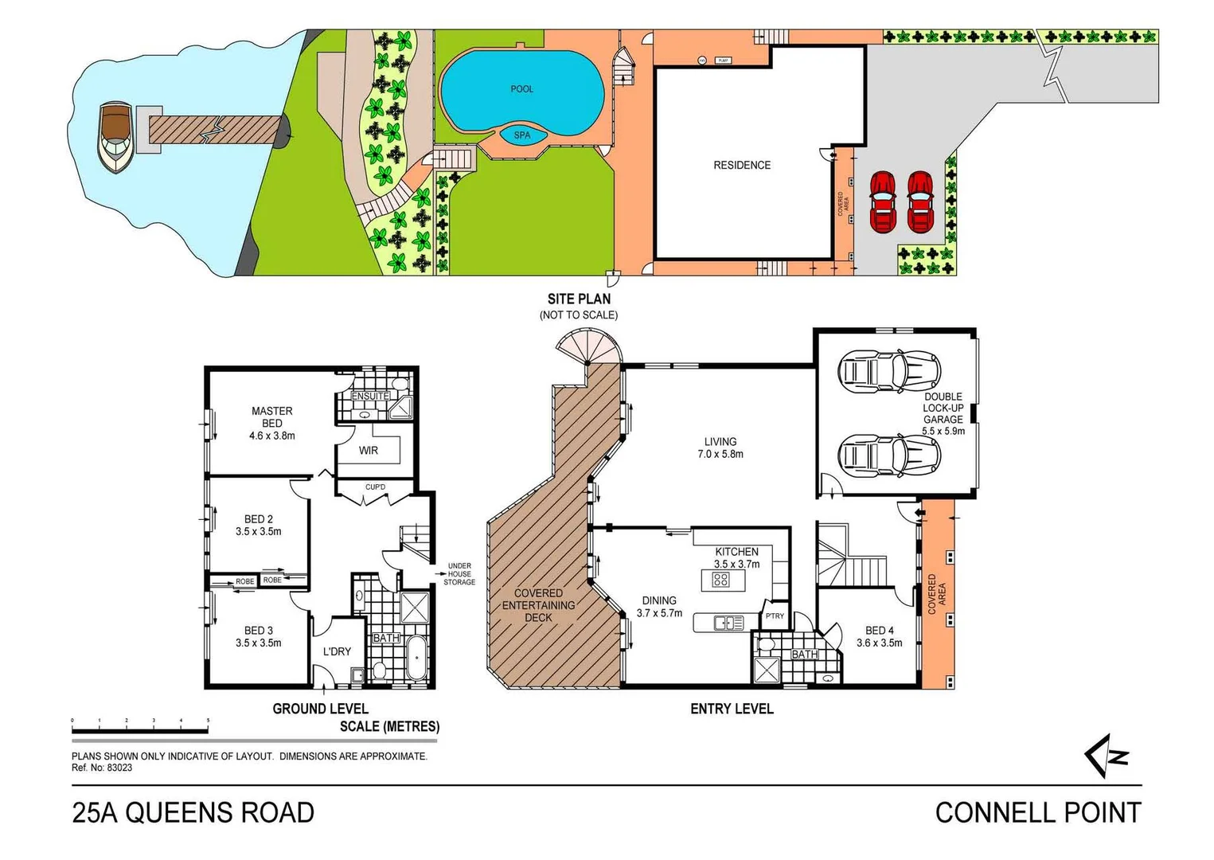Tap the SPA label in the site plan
pos(521,135)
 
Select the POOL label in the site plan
pos(521,89)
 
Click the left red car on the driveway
pos(883,202)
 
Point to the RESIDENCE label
pos(741,166)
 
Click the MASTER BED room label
pos(271,417)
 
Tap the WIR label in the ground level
pos(368,451)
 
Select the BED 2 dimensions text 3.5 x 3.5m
pos(258,531)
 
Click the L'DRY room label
pos(337,651)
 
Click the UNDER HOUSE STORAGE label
pos(459,574)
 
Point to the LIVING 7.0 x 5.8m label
pos(720,448)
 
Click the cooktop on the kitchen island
pos(720,580)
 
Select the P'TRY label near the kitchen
pos(775,616)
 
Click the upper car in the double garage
pos(889,371)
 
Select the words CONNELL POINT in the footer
pos(1037,813)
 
